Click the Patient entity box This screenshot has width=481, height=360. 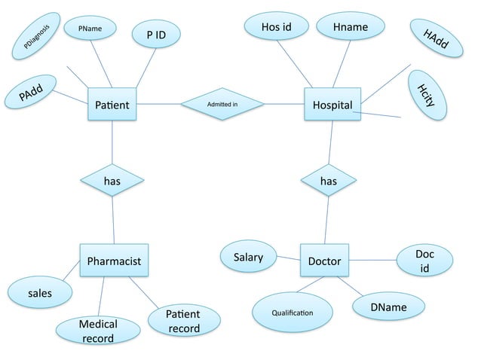[112, 105]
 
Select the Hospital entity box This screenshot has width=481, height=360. [332, 105]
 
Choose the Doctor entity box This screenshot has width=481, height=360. [324, 261]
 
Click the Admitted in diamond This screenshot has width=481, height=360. [222, 104]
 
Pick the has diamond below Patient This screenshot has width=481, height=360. [112, 181]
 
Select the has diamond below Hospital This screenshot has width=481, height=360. [329, 181]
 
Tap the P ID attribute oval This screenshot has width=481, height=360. [156, 35]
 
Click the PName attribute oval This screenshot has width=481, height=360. [90, 29]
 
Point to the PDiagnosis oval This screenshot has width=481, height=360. [36, 41]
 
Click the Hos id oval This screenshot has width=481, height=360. [276, 28]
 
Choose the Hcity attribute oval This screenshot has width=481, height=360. [427, 95]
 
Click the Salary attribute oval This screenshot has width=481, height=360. [248, 258]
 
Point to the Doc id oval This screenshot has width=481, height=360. [424, 261]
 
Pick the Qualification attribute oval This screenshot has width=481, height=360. [292, 312]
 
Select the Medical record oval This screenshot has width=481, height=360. [98, 331]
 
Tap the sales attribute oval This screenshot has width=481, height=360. [40, 292]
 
